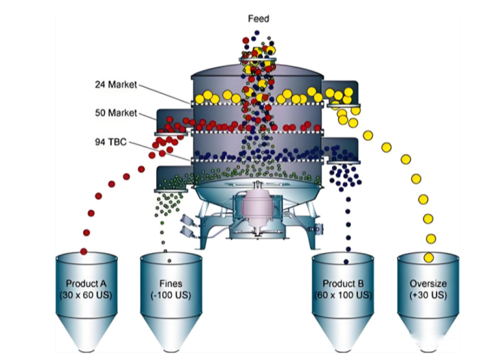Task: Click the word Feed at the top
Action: (258, 18)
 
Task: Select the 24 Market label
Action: (115, 85)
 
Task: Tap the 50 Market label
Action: (115, 112)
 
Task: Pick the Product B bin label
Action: (344, 284)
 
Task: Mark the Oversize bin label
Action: (428, 284)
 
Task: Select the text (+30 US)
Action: (428, 295)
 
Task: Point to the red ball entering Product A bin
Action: (84, 252)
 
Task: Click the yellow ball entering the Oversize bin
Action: (428, 257)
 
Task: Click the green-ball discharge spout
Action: (174, 178)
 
